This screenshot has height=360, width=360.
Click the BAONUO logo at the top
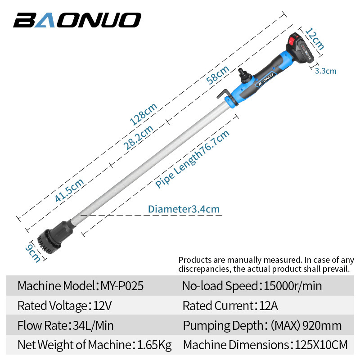77,20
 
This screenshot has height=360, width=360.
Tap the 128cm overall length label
143,113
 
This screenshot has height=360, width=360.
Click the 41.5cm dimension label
69,190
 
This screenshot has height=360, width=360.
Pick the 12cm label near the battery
315,39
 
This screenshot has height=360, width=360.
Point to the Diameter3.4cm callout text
184,209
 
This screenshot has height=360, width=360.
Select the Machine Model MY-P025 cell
81,286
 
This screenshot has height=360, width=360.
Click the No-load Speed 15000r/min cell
252,286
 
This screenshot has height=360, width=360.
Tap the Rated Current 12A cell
230,306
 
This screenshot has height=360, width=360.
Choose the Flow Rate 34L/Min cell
66,325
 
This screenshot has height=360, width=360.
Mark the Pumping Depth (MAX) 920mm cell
262,325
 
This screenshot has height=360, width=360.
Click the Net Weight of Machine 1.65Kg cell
94,345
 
